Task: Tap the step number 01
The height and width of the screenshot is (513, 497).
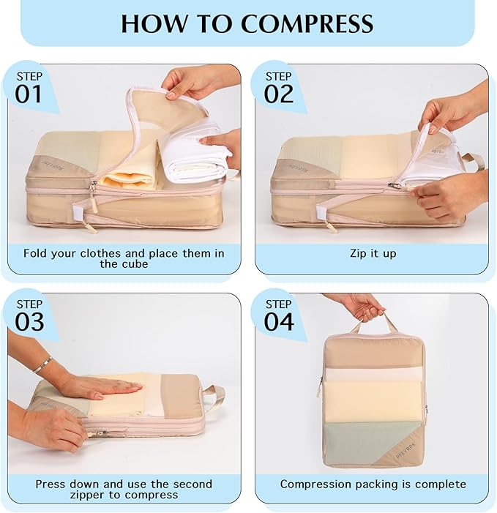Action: [29, 94]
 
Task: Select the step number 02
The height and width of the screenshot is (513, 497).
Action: [279, 94]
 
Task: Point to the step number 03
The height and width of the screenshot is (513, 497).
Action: [29, 321]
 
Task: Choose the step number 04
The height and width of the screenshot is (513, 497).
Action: [279, 321]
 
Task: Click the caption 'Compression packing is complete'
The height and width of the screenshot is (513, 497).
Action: [373, 484]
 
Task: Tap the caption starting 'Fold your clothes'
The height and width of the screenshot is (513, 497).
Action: [124, 258]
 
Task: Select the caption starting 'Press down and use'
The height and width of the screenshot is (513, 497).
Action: [124, 489]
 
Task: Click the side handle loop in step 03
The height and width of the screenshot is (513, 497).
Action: [214, 396]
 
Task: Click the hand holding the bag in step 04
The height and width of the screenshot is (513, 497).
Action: [363, 305]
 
